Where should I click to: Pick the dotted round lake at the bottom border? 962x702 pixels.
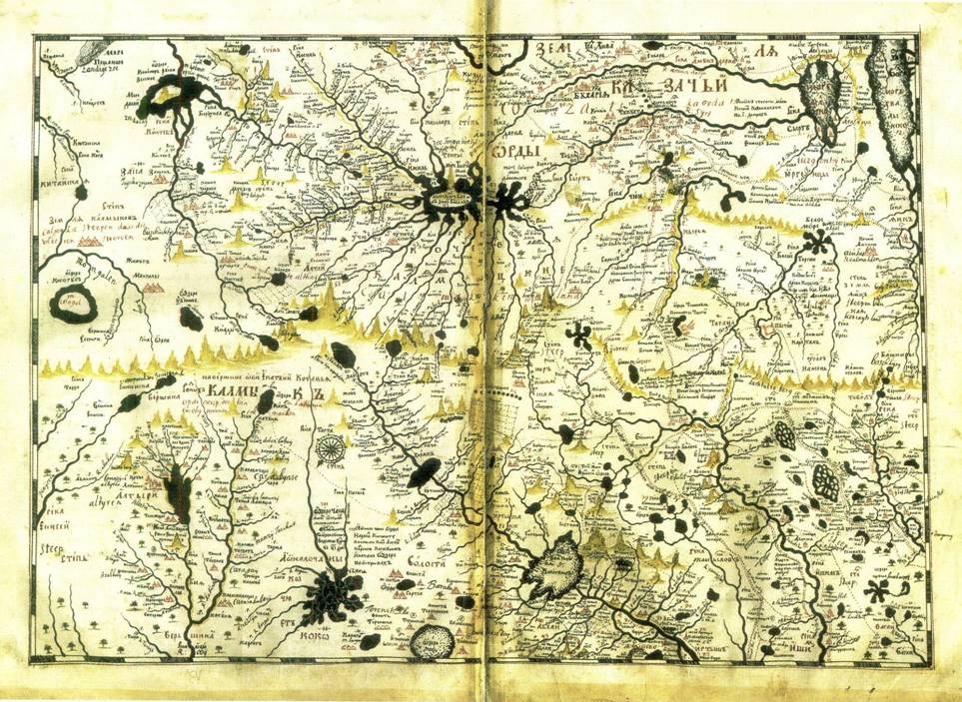(x=433, y=638)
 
